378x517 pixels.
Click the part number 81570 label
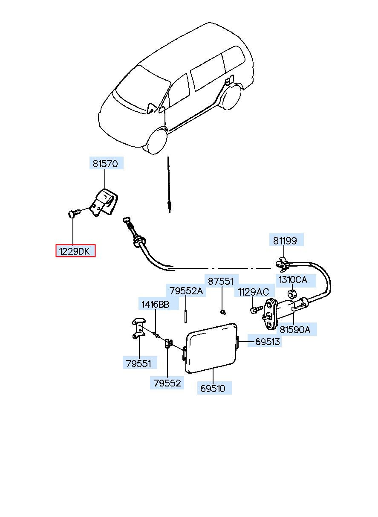coord(107,163)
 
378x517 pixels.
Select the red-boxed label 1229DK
coord(75,251)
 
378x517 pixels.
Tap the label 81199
coord(285,241)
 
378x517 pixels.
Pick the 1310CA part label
coord(292,280)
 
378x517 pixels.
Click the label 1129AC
coord(253,292)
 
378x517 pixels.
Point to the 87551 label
coord(220,282)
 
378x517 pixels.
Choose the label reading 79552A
coord(186,291)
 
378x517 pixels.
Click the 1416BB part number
coord(155,304)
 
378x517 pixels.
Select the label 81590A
coord(295,329)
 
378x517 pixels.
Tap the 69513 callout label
coord(268,341)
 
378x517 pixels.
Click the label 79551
coord(139,363)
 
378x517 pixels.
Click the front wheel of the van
coord(157,141)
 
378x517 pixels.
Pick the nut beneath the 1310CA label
coord(292,293)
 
